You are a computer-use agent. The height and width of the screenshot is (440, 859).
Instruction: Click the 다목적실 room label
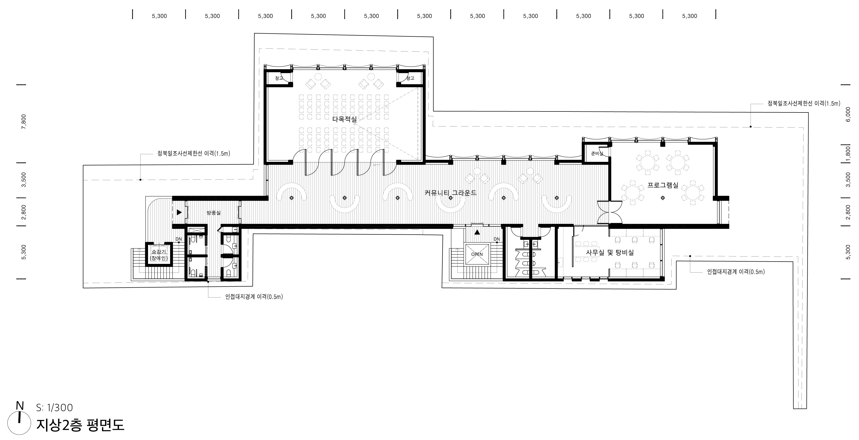pyautogui.click(x=344, y=119)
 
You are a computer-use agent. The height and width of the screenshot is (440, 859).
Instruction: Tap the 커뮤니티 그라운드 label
pyautogui.click(x=450, y=193)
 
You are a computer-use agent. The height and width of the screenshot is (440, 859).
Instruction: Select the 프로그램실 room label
pyautogui.click(x=663, y=185)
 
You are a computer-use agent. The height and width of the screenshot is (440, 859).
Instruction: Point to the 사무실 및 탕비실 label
pyautogui.click(x=610, y=252)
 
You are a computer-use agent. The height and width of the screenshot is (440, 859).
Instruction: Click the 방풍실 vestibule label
pyautogui.click(x=214, y=212)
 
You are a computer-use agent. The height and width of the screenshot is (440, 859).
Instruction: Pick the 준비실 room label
pyautogui.click(x=597, y=154)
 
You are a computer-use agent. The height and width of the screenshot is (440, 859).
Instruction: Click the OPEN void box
pyautogui.click(x=477, y=254)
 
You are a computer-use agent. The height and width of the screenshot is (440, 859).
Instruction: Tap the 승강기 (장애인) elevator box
pyautogui.click(x=159, y=254)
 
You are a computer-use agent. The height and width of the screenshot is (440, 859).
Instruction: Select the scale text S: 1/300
pyautogui.click(x=54, y=408)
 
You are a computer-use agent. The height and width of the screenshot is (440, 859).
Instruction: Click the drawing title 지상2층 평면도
pyautogui.click(x=80, y=425)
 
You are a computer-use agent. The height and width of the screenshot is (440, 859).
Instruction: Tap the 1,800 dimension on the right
pyautogui.click(x=849, y=153)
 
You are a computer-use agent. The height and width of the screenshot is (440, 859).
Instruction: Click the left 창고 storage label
pyautogui.click(x=279, y=78)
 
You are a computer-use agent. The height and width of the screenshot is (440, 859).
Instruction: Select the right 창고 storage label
pyautogui.click(x=410, y=78)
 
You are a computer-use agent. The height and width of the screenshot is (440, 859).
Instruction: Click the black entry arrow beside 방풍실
pyautogui.click(x=179, y=212)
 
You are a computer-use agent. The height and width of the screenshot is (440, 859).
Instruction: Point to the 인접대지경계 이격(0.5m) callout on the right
pyautogui.click(x=736, y=272)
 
